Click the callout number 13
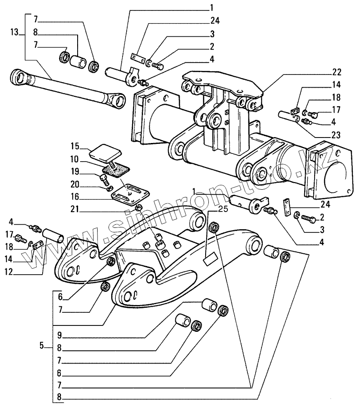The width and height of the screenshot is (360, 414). [14, 32]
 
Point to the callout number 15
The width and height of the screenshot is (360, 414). [74, 146]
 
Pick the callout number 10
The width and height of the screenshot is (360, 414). [74, 159]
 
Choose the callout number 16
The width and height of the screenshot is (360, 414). [74, 198]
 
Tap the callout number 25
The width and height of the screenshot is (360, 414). [222, 209]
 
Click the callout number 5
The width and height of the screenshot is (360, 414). [42, 346]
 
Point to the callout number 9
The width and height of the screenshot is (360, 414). [59, 337]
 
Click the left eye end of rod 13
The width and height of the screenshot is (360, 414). [20, 76]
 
